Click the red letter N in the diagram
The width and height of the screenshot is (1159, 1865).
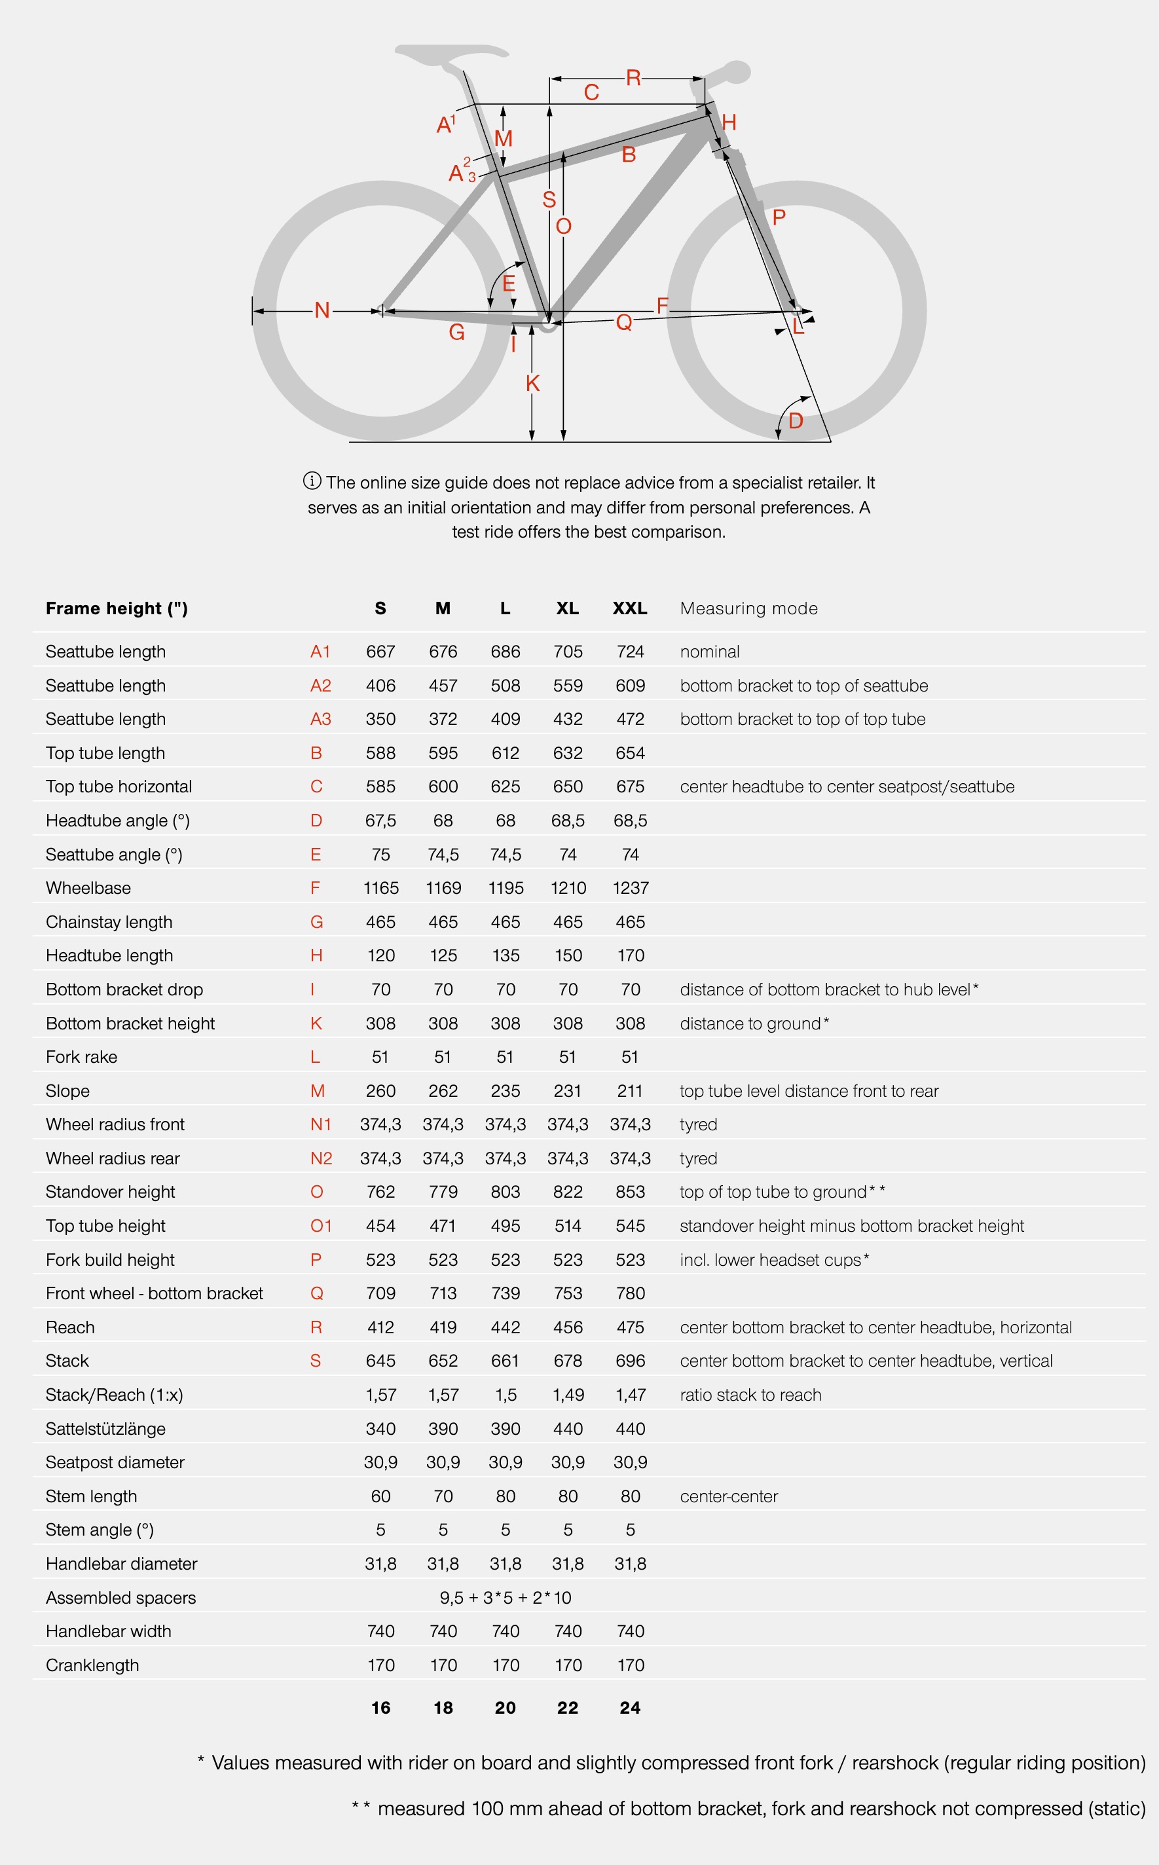[x=322, y=310]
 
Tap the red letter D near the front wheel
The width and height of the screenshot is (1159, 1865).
[x=796, y=421]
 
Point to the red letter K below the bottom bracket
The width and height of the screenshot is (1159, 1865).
[x=533, y=383]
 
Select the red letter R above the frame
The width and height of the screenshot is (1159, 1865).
[x=633, y=78]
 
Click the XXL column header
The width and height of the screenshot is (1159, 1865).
[x=629, y=608]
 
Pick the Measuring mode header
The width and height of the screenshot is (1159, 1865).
[x=748, y=608]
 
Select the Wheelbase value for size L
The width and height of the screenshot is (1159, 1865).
[x=505, y=888]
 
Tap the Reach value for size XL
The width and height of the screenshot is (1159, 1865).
[x=567, y=1327]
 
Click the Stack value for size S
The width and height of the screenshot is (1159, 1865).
[x=380, y=1361]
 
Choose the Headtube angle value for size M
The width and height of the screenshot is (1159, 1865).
[x=443, y=821]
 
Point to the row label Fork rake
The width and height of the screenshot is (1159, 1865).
[x=81, y=1057]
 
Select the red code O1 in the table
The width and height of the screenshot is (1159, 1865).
[x=320, y=1226]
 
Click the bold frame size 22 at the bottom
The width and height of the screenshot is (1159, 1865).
[x=567, y=1707]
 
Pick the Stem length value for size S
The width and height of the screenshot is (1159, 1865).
[x=380, y=1496]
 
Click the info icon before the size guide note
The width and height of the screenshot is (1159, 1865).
[x=312, y=481]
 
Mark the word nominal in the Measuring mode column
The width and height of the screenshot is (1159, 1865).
[x=709, y=652]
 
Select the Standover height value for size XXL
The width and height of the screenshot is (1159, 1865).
[x=629, y=1192]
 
